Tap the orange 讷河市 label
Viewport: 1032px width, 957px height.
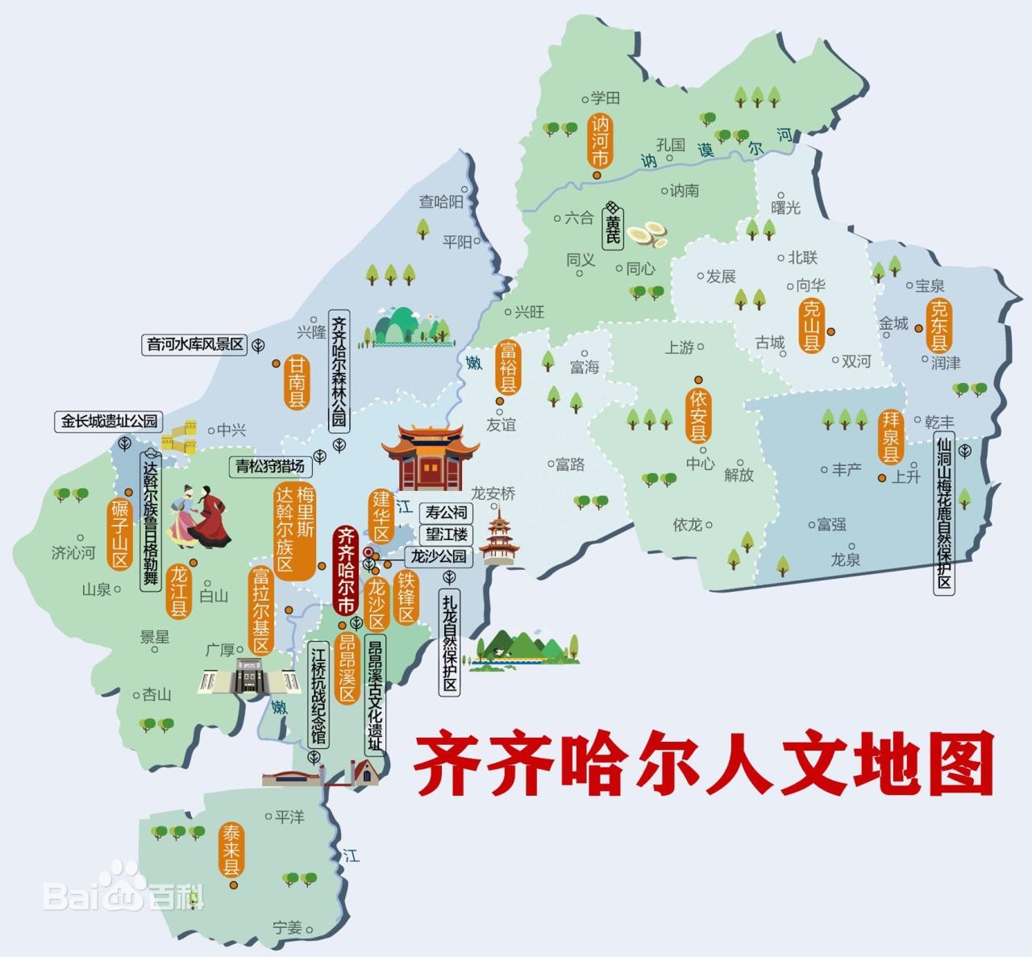pyautogui.click(x=599, y=143)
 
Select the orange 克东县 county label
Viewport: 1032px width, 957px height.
pyautogui.click(x=938, y=323)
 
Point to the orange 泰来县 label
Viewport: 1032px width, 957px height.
pyautogui.click(x=231, y=850)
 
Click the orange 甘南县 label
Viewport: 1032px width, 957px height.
pyautogui.click(x=297, y=384)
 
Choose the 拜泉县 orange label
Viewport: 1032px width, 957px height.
pyautogui.click(x=890, y=437)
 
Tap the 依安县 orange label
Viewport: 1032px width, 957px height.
pyautogui.click(x=698, y=417)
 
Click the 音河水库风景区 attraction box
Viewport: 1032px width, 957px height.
pyautogui.click(x=194, y=344)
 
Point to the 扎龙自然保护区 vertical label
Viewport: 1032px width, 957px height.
pyautogui.click(x=449, y=643)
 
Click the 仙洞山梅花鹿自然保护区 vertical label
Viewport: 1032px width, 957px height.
pyautogui.click(x=944, y=514)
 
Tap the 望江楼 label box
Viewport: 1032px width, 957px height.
pyautogui.click(x=447, y=534)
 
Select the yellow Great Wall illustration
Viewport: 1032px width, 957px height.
pyautogui.click(x=179, y=435)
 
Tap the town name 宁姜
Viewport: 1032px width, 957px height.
pyautogui.click(x=287, y=927)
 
